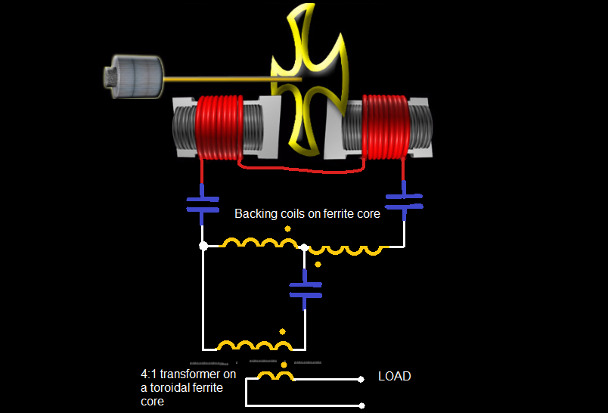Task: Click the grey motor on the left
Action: coord(135,76)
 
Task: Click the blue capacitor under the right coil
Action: coord(404,200)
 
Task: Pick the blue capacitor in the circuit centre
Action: coord(305,289)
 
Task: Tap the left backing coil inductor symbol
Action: coord(258,243)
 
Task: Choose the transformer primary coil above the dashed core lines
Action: coord(254,346)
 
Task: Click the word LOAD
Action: coord(394,376)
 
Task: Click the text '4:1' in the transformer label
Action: coord(150,374)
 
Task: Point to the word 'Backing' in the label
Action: coord(253,214)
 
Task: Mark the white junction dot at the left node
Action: coord(203,246)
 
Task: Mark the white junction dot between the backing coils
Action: coord(304,247)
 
